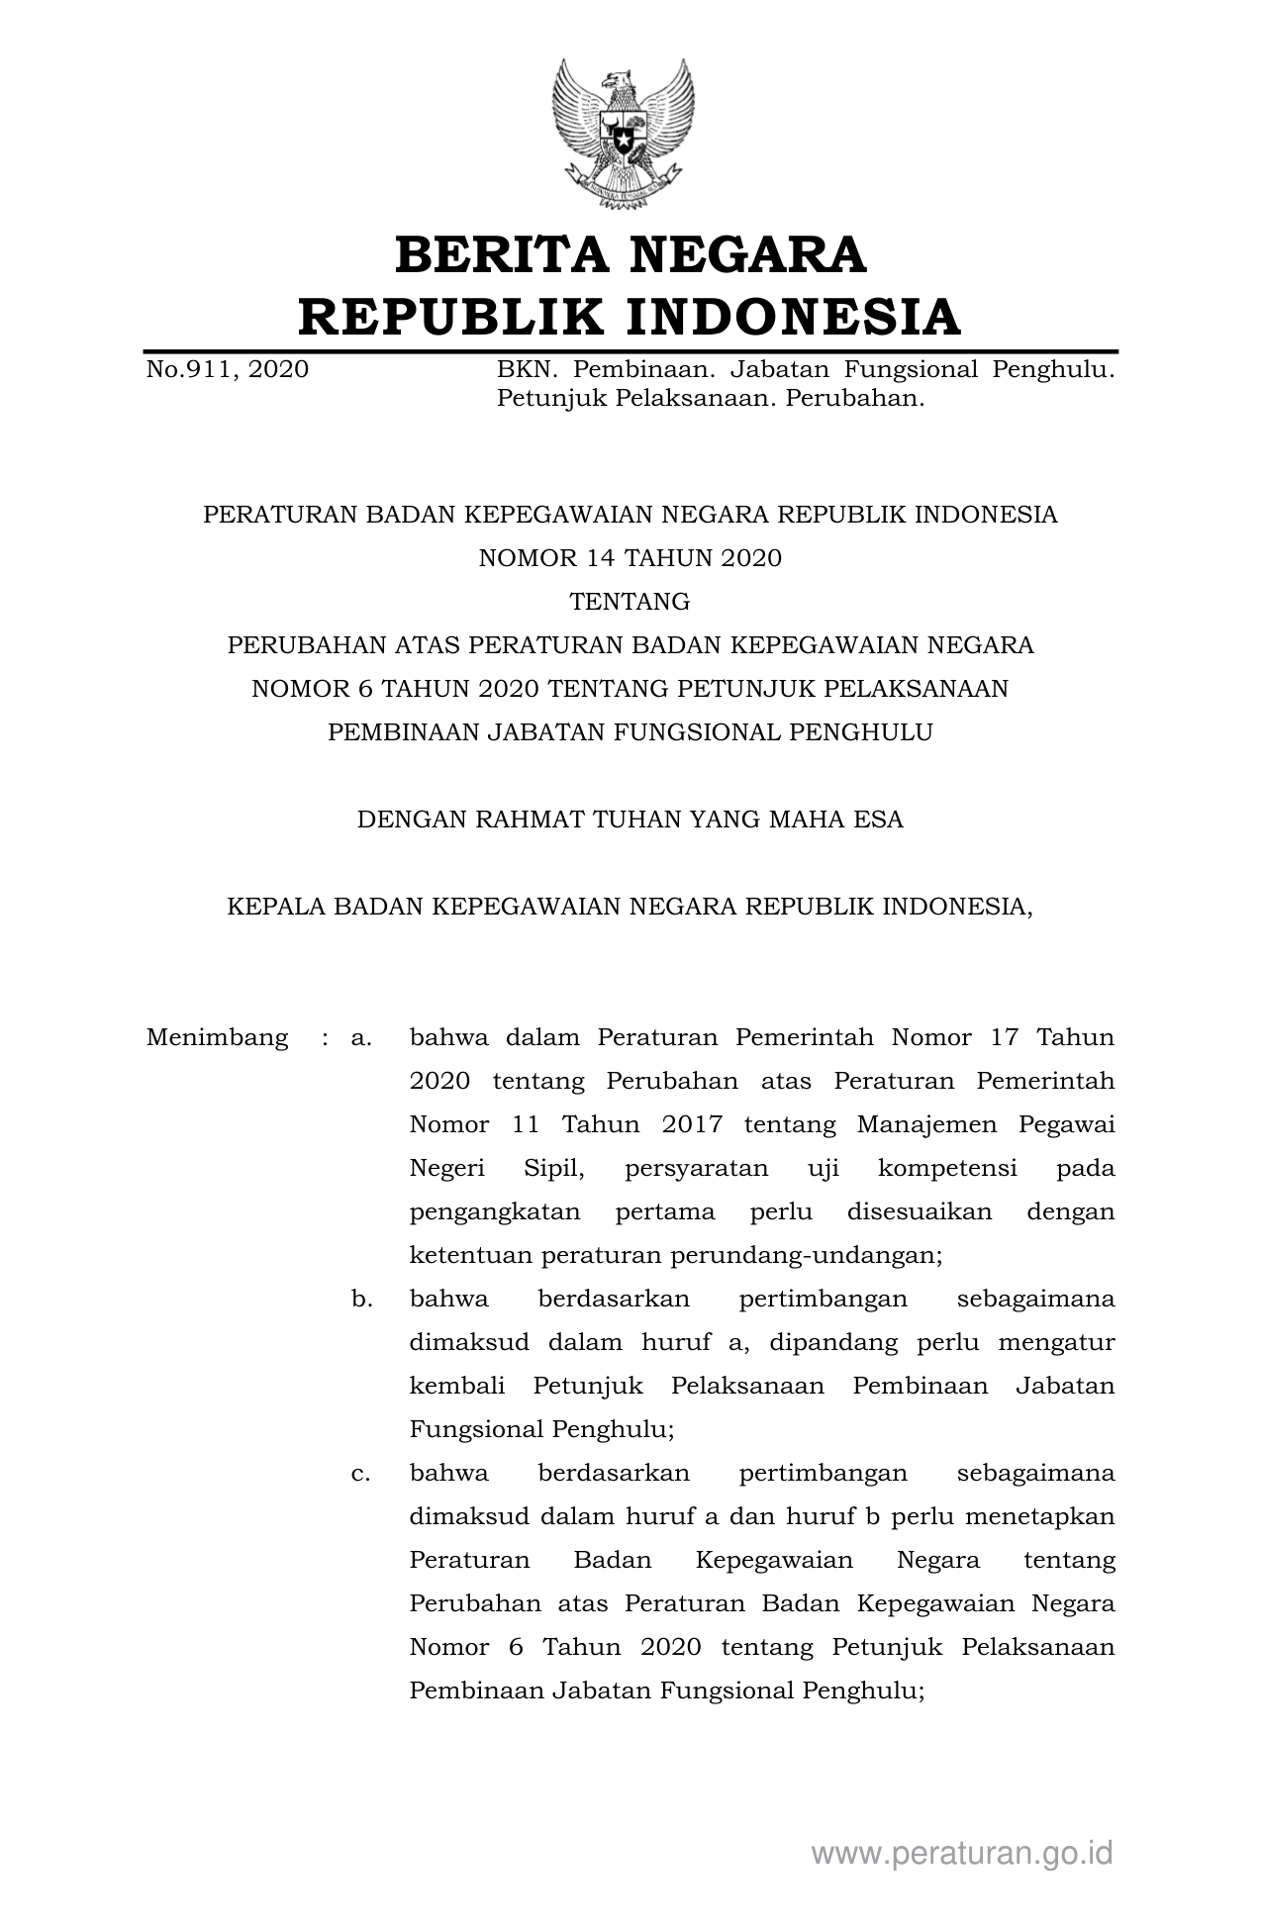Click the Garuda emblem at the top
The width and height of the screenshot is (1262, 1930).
click(623, 135)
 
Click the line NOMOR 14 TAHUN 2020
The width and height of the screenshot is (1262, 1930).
click(631, 558)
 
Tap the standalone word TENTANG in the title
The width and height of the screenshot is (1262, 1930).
click(631, 602)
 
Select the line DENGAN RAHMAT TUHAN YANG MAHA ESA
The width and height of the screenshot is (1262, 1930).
click(631, 820)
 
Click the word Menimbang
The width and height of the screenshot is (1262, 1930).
click(217, 1037)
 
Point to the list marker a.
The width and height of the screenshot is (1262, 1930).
click(361, 1037)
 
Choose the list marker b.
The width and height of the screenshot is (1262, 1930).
click(361, 1299)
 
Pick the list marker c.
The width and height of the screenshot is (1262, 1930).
click(361, 1473)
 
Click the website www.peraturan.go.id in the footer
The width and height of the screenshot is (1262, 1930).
click(962, 1853)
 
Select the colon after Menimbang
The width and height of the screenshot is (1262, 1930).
click(324, 1037)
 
